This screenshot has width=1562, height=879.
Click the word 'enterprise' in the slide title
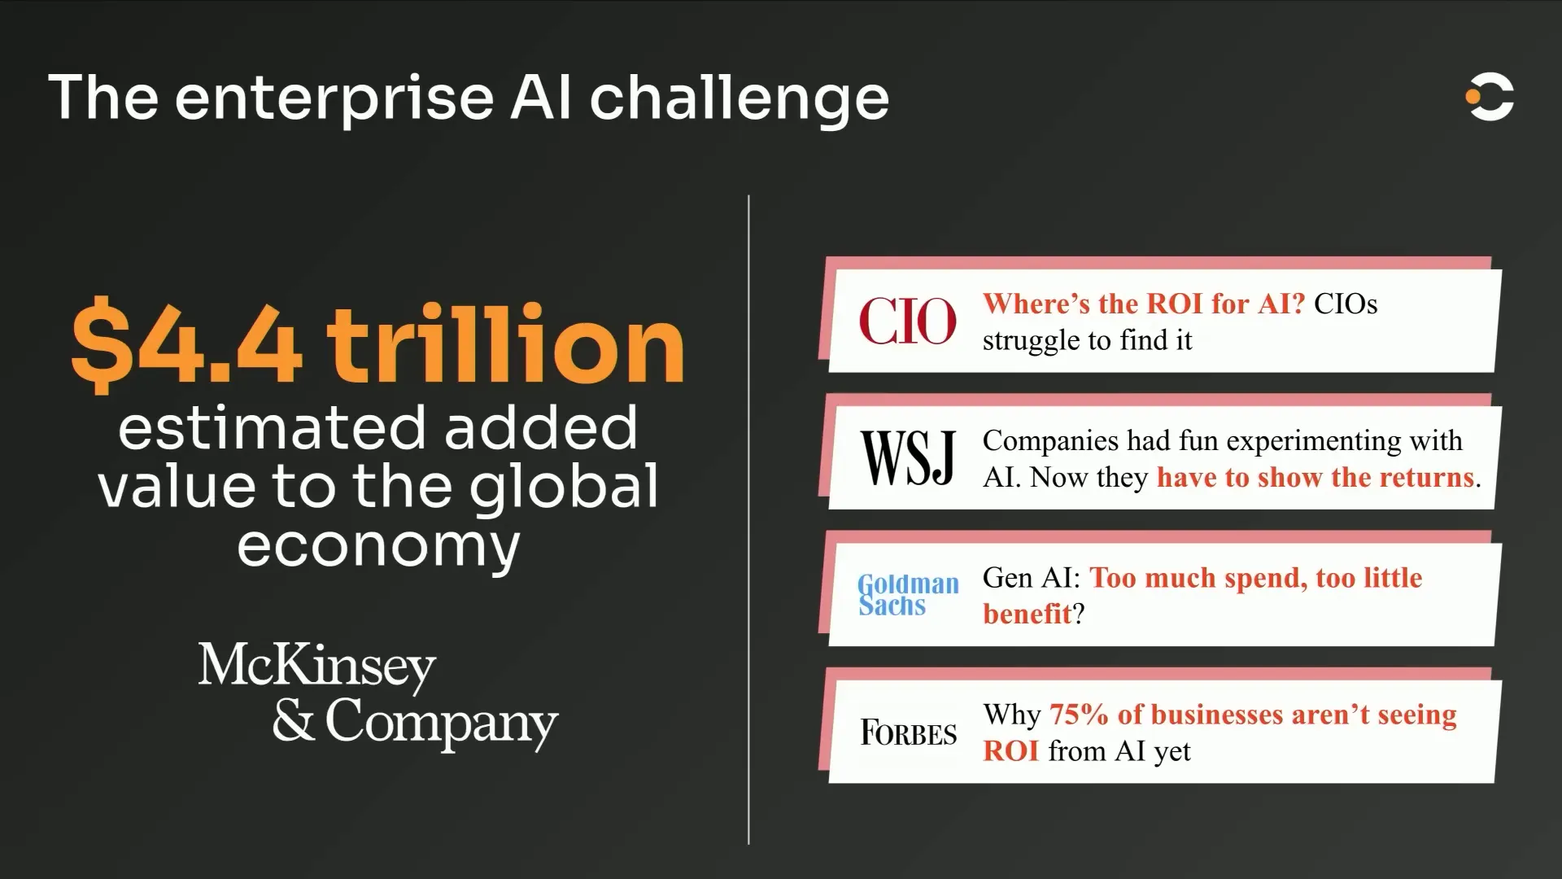click(x=334, y=100)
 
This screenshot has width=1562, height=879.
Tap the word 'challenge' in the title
click(x=740, y=98)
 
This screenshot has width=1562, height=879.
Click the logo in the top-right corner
click(x=1490, y=98)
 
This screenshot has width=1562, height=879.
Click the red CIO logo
click(x=908, y=321)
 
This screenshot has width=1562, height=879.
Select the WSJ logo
click(x=908, y=457)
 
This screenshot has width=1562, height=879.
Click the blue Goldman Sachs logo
click(x=909, y=594)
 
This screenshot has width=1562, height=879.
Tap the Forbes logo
click(x=909, y=732)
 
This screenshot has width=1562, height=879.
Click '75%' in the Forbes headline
click(x=1079, y=714)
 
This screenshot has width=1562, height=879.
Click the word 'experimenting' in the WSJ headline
click(x=1314, y=440)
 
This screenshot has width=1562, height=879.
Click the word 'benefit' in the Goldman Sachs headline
click(x=1028, y=613)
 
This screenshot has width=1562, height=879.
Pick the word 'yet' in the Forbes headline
click(x=1172, y=752)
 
